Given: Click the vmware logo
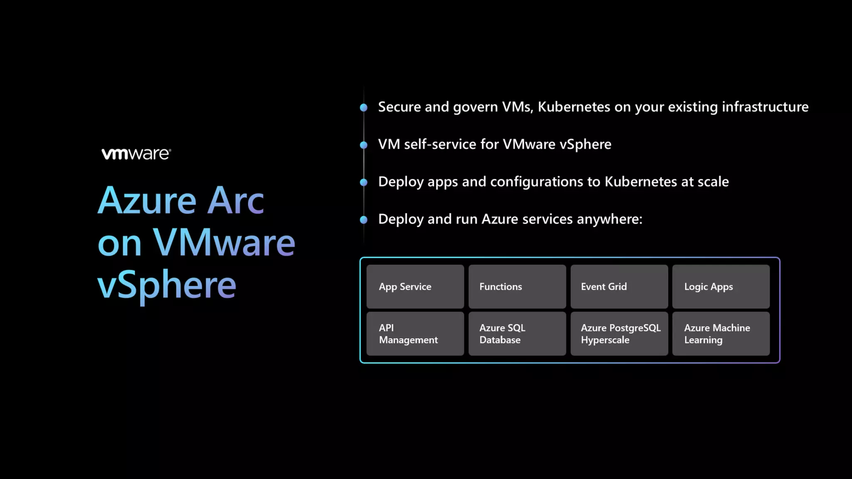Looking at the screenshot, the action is tap(136, 154).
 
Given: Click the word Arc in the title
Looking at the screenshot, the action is tap(235, 201).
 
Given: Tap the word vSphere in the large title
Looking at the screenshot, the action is tap(167, 285).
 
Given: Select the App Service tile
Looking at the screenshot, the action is tap(415, 286).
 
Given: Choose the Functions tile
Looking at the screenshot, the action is tap(517, 286).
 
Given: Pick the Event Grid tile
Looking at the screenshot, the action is tap(619, 286).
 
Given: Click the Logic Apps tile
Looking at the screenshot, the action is tap(721, 286).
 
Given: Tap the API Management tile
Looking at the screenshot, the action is tap(415, 333).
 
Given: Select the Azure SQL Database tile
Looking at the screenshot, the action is tap(517, 333).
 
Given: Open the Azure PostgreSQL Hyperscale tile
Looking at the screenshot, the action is tap(619, 333).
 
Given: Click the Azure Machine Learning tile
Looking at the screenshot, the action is tap(721, 333).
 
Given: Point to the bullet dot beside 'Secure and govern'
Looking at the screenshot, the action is tap(364, 108).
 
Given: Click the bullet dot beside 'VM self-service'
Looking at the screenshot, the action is tap(364, 145).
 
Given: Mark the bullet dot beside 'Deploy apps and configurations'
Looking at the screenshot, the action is tap(364, 182).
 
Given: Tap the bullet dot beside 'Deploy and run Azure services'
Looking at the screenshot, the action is tap(364, 220).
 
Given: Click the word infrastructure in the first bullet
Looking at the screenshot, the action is tap(765, 107).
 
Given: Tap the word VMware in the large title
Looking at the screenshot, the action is tap(224, 243).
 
